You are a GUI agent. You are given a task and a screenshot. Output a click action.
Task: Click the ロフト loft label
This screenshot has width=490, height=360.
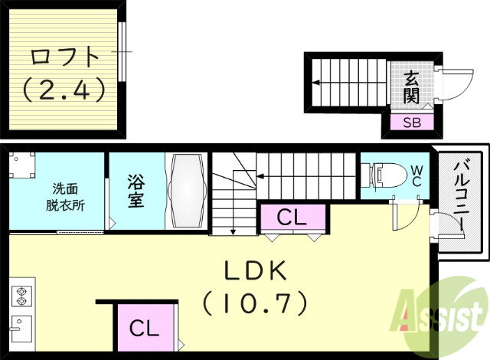64,57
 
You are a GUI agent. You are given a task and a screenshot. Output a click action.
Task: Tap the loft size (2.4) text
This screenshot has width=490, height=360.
64,90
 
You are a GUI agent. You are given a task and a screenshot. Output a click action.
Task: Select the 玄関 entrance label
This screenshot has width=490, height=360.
412,86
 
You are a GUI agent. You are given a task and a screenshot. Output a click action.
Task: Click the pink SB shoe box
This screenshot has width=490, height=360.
412,122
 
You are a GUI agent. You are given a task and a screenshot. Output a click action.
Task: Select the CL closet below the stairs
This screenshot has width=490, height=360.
292,217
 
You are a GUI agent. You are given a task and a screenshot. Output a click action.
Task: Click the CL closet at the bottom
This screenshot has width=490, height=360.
145,329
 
